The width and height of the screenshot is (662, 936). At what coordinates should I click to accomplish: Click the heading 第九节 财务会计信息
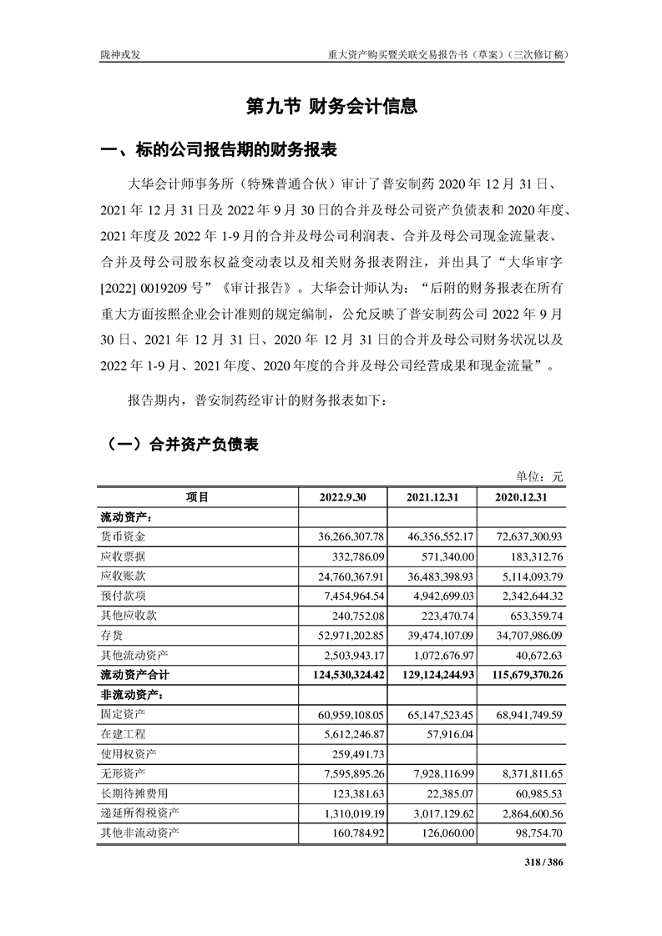(331, 106)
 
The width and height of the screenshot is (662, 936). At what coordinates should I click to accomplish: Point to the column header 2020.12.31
(519, 497)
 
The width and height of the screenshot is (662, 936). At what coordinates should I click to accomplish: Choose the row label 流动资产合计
(134, 674)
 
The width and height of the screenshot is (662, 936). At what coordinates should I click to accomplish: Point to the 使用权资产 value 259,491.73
(355, 753)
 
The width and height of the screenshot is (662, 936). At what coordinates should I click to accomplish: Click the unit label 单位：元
(539, 476)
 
